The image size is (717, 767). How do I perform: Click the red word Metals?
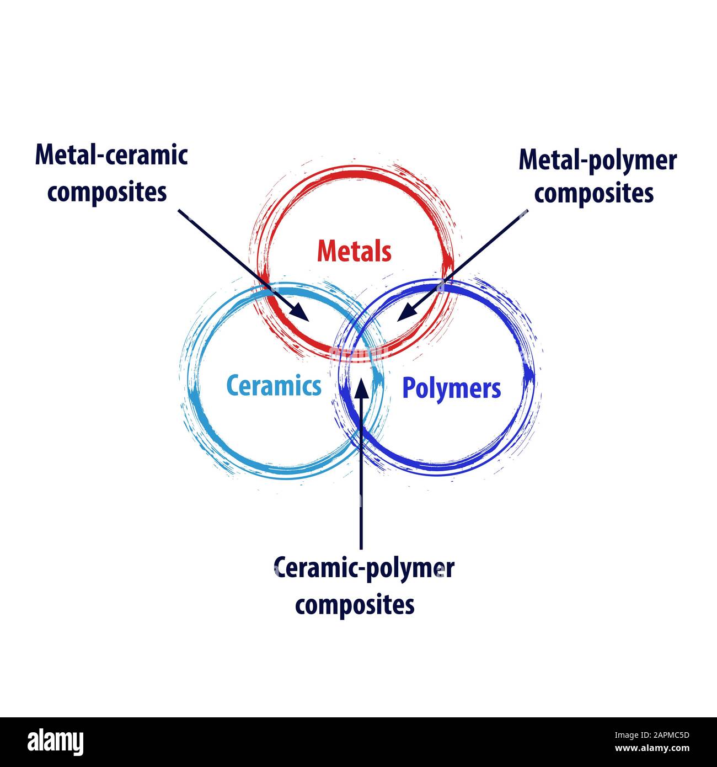[354, 252]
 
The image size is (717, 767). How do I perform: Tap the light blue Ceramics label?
[274, 386]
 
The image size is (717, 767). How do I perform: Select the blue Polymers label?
[451, 388]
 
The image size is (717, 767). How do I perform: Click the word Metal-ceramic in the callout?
[111, 155]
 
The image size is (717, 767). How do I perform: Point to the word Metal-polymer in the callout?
[597, 161]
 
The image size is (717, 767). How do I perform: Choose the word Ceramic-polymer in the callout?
[364, 568]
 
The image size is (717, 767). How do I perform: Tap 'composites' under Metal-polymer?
[594, 193]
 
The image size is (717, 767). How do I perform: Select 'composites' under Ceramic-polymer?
[355, 605]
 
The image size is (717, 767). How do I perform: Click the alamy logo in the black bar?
[56, 742]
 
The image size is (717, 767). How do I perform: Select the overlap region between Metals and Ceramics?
[298, 320]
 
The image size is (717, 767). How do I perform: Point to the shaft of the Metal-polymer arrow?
[469, 259]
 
